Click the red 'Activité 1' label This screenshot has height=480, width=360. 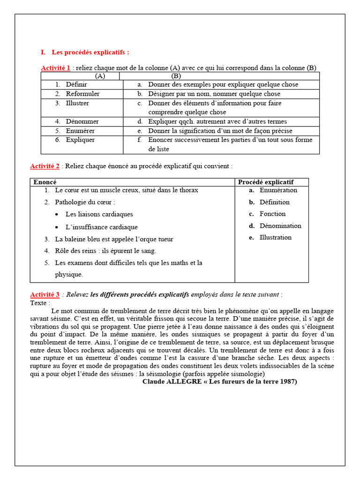[x=55, y=68]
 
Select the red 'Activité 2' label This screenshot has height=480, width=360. [x=45, y=166]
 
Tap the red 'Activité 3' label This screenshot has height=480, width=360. [x=45, y=295]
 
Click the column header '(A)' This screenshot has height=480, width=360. [x=100, y=76]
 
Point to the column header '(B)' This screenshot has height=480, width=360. [x=176, y=76]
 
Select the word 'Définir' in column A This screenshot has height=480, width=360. [x=76, y=85]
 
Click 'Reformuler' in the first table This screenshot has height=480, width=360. [x=82, y=94]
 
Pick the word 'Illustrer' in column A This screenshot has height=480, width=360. [x=77, y=103]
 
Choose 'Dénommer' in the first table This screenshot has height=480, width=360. [x=82, y=121]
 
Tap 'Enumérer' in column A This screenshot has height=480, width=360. [x=80, y=131]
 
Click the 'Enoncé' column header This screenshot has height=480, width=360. [x=45, y=182]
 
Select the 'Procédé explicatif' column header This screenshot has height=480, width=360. [x=266, y=182]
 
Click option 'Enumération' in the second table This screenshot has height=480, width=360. [x=278, y=190]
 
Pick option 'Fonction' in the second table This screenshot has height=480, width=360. [x=272, y=214]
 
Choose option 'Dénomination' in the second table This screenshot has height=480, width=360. [x=280, y=225]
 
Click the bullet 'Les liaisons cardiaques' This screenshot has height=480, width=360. [x=99, y=214]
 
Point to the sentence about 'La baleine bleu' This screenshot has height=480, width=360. [x=114, y=239]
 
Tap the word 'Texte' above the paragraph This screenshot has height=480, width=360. [x=39, y=303]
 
